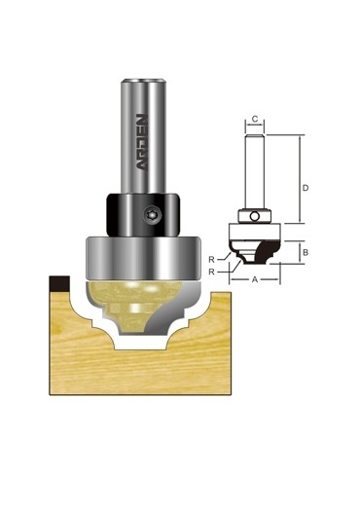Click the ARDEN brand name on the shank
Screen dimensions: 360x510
(x=142, y=142)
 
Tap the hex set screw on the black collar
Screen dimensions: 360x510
(x=151, y=215)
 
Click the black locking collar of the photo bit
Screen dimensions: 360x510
(x=142, y=215)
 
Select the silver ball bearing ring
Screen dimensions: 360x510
(x=142, y=258)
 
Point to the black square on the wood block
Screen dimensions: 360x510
(x=59, y=283)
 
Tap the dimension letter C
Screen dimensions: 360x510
(x=255, y=119)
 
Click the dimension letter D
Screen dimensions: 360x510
(x=306, y=188)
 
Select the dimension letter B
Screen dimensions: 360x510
(x=306, y=252)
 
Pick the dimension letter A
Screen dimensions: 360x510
(x=255, y=279)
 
